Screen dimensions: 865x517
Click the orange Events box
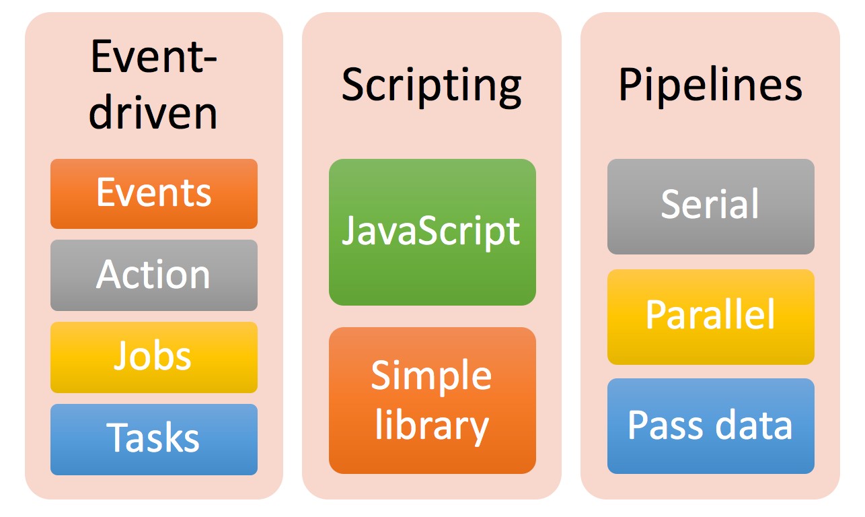(x=153, y=194)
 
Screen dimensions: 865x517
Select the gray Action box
(x=153, y=275)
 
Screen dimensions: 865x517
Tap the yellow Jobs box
(x=153, y=357)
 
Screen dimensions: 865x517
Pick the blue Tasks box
(x=153, y=440)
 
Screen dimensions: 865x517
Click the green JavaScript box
(x=432, y=232)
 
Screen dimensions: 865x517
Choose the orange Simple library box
(x=432, y=401)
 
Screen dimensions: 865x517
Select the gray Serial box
(x=710, y=207)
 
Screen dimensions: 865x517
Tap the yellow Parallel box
(x=710, y=317)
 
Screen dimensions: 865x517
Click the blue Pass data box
(x=710, y=426)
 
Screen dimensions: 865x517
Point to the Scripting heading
(x=432, y=87)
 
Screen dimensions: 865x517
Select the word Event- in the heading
(x=153, y=57)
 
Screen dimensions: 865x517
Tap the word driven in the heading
(x=153, y=111)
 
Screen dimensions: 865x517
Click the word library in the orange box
(x=432, y=426)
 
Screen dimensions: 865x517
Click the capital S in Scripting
(x=354, y=84)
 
